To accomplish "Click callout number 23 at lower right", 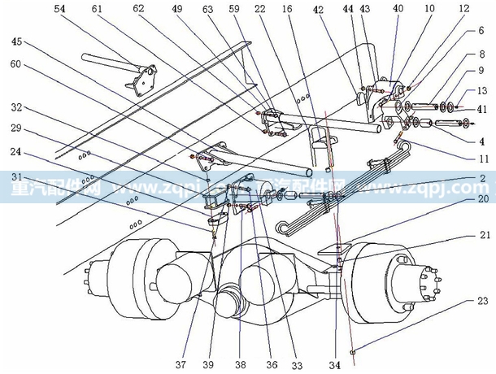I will tap(484, 302).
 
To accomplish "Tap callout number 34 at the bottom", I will tap(333, 363).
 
